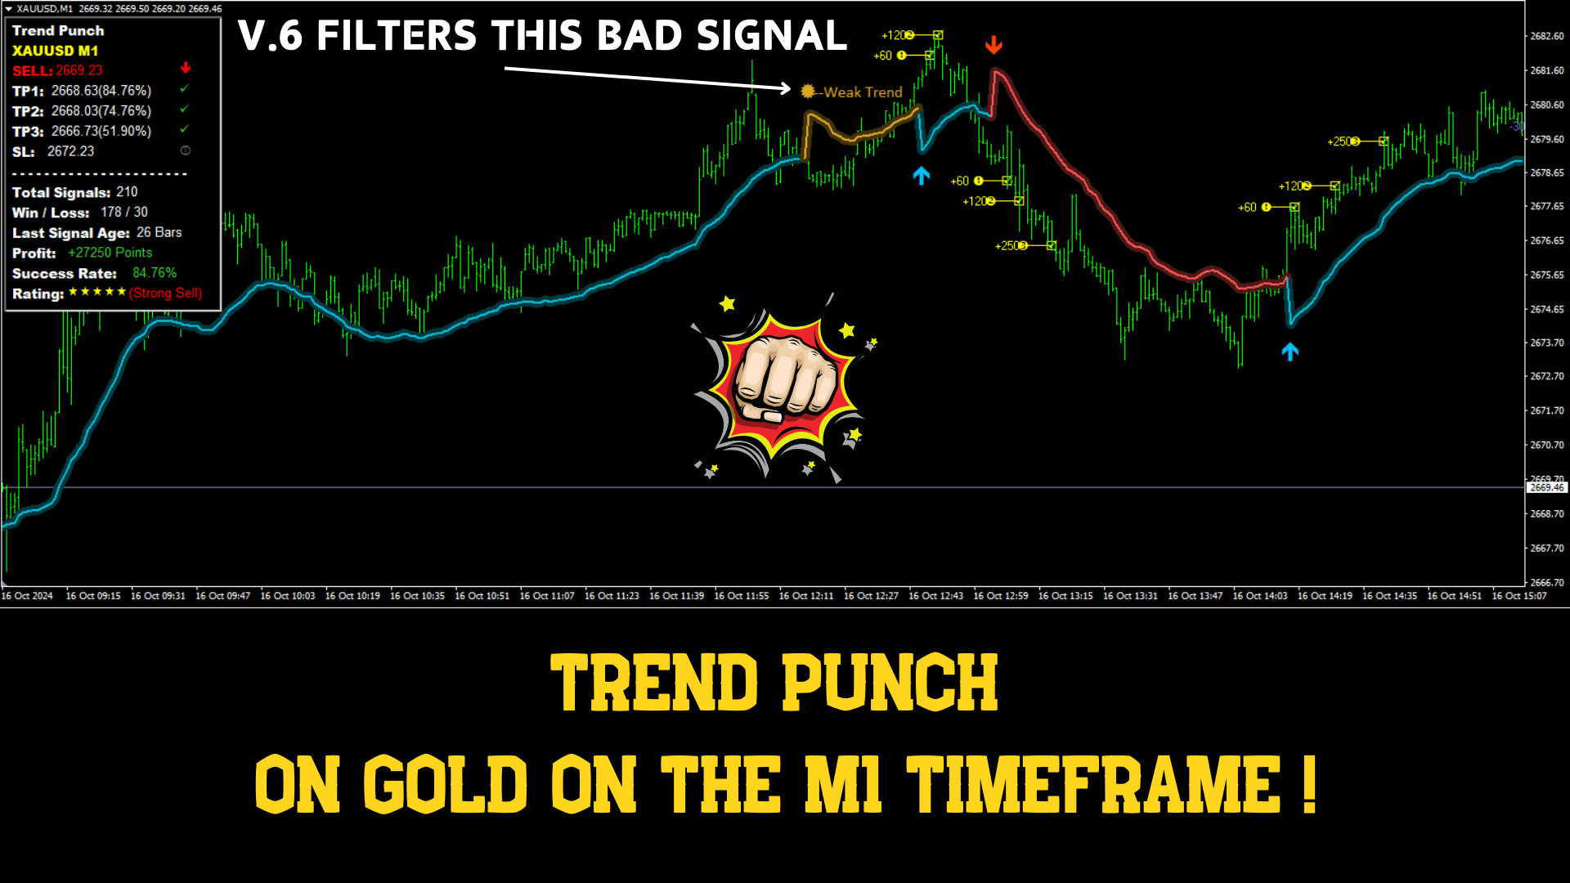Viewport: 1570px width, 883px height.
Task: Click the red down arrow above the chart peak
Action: pos(994,44)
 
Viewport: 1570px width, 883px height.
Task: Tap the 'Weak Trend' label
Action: pos(863,92)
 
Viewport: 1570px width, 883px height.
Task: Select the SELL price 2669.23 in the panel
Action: pos(79,70)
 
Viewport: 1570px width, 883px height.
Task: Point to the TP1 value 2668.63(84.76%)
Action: pos(101,91)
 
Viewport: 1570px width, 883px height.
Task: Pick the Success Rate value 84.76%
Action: pos(155,273)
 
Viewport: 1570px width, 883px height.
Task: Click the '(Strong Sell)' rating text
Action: pos(165,293)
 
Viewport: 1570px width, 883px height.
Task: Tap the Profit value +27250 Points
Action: pos(110,253)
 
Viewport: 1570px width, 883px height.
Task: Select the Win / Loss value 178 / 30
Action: pos(124,212)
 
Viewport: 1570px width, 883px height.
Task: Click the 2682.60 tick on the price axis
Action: pos(1547,36)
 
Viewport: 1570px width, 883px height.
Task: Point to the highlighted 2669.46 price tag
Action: pos(1547,487)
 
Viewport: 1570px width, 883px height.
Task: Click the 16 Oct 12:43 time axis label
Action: pos(935,596)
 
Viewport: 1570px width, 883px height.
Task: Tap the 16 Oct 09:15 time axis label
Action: pos(93,596)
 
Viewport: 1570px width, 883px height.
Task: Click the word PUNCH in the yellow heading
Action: pos(890,682)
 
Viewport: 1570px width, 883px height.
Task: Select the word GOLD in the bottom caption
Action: pos(446,784)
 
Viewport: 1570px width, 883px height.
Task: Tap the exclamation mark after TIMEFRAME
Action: pos(1309,784)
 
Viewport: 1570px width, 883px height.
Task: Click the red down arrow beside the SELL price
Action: pos(186,68)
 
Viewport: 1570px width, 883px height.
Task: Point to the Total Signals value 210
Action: pos(127,192)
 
